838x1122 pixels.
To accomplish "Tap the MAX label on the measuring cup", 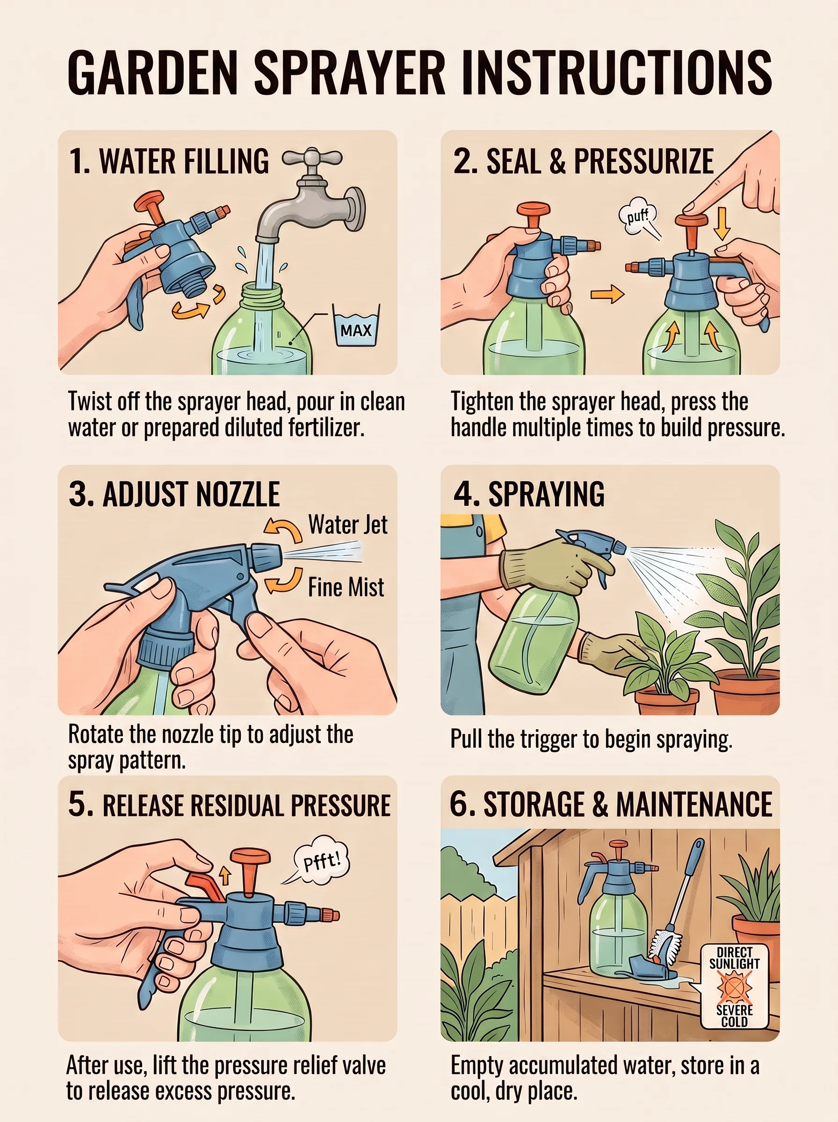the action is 355,331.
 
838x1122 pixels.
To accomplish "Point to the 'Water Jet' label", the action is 348,525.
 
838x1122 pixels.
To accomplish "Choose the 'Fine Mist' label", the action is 346,587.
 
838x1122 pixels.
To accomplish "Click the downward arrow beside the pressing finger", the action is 722,223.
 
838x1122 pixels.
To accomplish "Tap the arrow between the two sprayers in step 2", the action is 607,294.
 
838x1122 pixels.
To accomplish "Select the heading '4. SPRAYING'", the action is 528,493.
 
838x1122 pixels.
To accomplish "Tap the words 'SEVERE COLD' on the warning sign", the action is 735,1015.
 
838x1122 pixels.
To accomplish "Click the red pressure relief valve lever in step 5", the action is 204,886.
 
